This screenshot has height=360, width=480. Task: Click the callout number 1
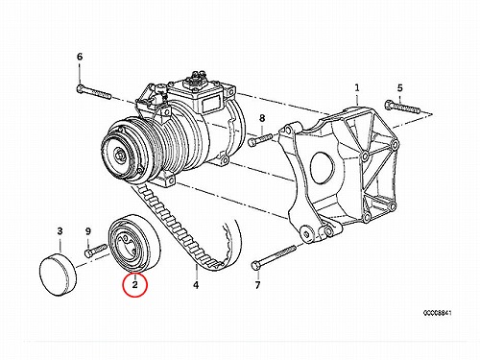[357, 87]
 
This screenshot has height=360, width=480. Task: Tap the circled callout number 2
[135, 284]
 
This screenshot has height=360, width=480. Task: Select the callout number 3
[60, 231]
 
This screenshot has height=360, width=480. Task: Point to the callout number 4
[196, 284]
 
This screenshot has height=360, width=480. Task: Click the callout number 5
[399, 87]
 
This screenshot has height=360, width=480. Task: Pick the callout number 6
[80, 57]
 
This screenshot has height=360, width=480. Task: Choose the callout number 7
[258, 284]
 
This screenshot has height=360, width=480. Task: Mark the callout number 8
[262, 118]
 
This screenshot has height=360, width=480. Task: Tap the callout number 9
[88, 231]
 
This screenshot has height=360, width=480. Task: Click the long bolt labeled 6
[94, 91]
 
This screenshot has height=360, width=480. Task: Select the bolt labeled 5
[402, 108]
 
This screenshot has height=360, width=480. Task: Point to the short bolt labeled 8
[260, 139]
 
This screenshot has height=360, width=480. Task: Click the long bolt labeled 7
[274, 257]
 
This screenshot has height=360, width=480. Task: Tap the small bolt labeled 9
[95, 251]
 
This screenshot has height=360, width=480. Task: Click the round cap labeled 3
[59, 275]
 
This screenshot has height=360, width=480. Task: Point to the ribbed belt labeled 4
[189, 228]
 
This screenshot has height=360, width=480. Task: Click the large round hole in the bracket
[322, 168]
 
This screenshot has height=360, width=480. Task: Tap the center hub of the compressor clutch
[120, 156]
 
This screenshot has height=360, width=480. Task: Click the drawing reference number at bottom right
[437, 313]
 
